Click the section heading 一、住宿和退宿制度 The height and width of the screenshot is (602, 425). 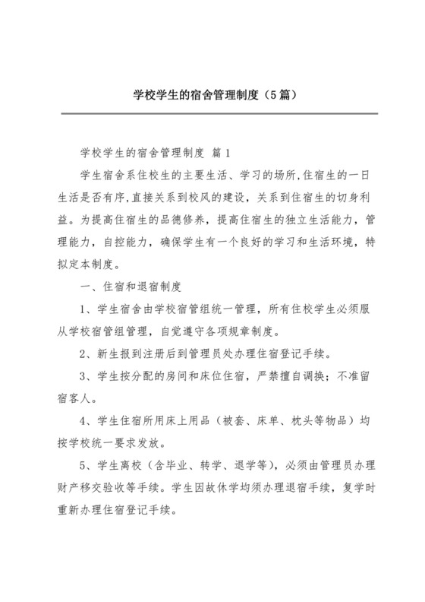point(130,287)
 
